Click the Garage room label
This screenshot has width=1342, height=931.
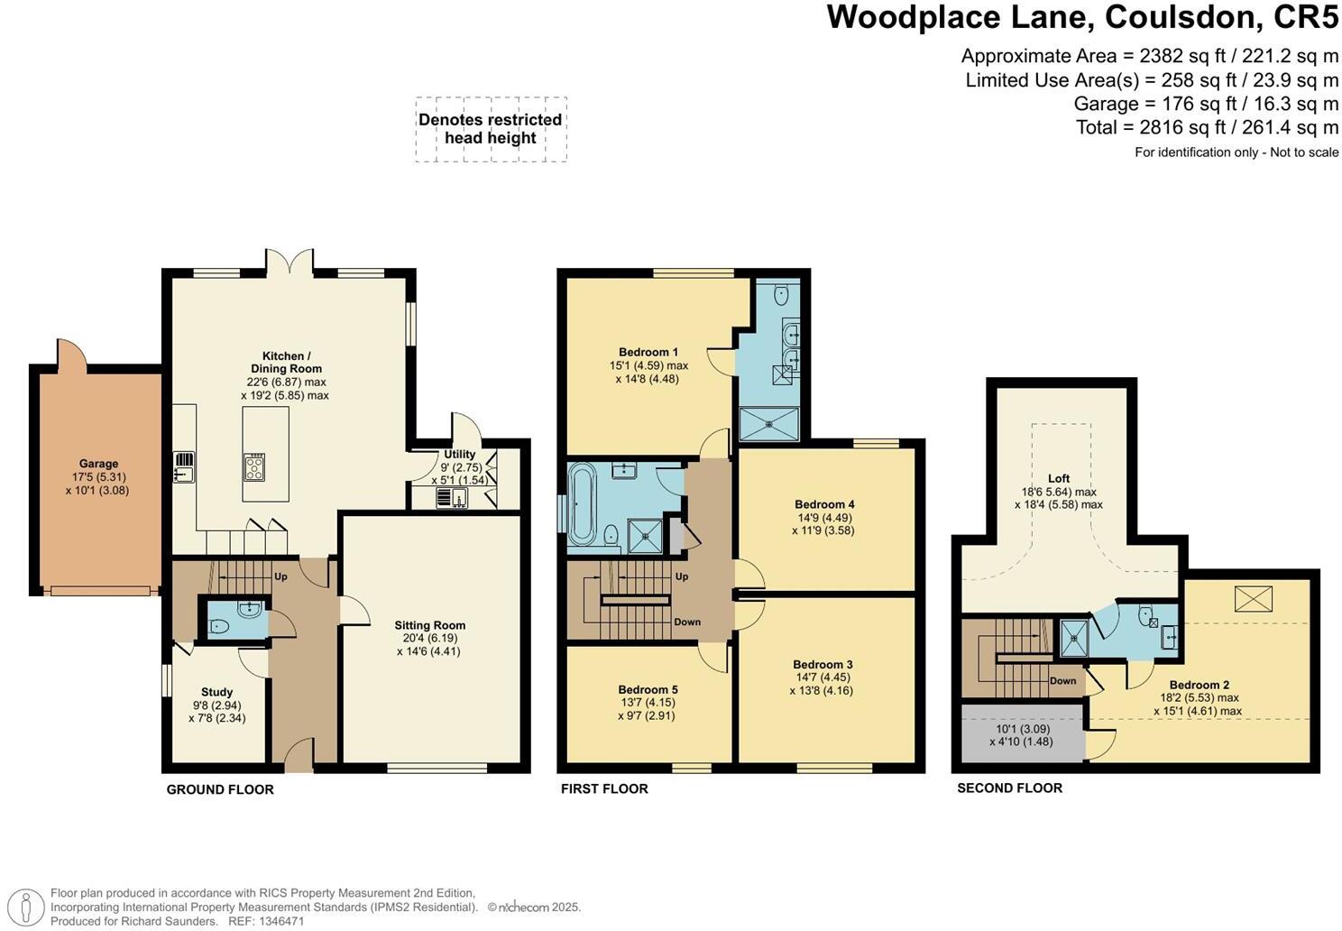tap(98, 464)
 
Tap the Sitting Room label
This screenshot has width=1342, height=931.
tap(429, 625)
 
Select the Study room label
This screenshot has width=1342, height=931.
tap(216, 693)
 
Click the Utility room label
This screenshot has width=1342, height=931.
tap(459, 455)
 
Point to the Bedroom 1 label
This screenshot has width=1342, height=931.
tap(648, 352)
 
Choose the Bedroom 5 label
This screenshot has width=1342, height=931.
tap(648, 689)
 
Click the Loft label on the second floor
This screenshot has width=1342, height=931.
tap(1059, 479)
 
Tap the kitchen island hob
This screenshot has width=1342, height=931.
tap(254, 466)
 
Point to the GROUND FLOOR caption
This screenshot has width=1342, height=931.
tap(219, 789)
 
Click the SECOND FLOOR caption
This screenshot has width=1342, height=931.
tap(1009, 788)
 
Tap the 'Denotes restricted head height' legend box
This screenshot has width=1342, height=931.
tap(491, 129)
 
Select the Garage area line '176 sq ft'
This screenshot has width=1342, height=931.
tap(1206, 104)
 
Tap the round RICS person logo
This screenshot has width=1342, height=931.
tap(28, 907)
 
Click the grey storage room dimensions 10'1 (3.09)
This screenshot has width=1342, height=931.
tap(1023, 729)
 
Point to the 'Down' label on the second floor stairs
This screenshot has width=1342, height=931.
tap(1063, 681)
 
